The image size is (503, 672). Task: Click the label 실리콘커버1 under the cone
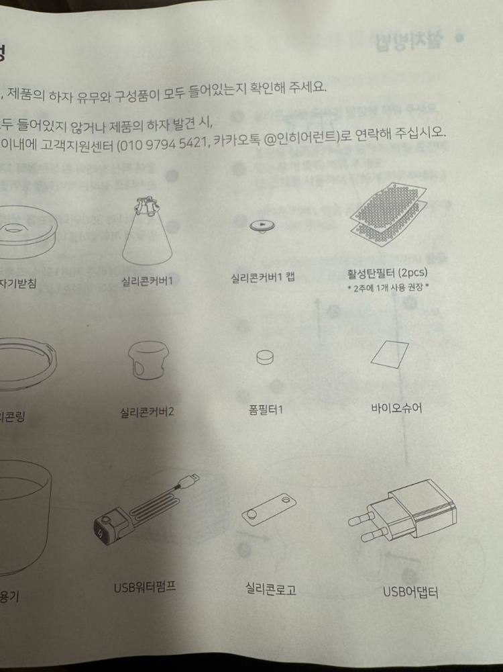tap(147, 281)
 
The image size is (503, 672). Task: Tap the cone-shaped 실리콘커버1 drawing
tap(147, 232)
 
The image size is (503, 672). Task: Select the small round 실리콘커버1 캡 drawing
tap(262, 226)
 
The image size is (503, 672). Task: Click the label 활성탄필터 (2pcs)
tap(388, 273)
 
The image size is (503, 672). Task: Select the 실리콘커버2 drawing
tap(147, 361)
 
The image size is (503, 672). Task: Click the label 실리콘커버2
tap(147, 411)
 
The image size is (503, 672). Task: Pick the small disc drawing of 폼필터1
tap(266, 356)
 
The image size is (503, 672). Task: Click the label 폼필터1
tap(266, 410)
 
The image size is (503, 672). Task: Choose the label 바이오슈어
tap(396, 407)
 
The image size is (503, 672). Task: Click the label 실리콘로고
tap(271, 590)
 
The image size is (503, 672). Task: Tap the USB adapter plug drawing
tap(402, 517)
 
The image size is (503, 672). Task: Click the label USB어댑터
tap(410, 592)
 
